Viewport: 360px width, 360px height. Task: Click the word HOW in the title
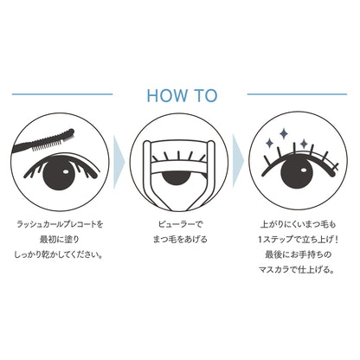[x=167, y=95]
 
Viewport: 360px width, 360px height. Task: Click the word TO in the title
[x=205, y=95]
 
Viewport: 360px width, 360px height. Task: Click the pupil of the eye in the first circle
[x=59, y=174]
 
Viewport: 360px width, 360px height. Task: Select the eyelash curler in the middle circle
[x=179, y=174]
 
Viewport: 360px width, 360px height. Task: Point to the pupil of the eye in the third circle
[x=297, y=173]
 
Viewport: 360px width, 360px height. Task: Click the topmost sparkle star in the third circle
[x=284, y=133]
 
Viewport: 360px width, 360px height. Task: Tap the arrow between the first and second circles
[x=119, y=162]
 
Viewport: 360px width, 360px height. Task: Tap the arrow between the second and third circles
[x=238, y=161]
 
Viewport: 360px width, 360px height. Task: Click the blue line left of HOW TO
[x=62, y=94]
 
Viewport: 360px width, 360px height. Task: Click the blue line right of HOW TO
[x=297, y=94]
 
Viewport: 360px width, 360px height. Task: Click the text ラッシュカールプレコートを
[x=60, y=224]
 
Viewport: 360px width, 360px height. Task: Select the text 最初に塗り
[x=60, y=240]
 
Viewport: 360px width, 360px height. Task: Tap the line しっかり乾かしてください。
[x=59, y=255]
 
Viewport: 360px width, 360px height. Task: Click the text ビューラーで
[x=180, y=224]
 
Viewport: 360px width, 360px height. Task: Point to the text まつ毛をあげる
[x=180, y=240]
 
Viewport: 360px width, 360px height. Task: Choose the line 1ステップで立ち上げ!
[x=298, y=240]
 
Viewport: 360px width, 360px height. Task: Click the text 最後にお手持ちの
[x=298, y=254]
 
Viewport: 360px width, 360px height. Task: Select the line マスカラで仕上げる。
[x=297, y=270]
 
